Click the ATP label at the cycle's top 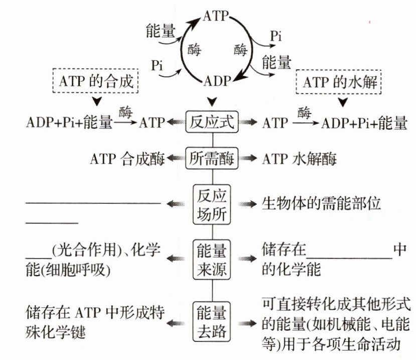[x=216, y=15]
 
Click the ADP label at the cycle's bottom [x=217, y=81]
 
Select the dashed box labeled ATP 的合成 [x=95, y=81]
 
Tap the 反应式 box [x=212, y=122]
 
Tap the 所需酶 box [x=212, y=159]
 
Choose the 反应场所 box [x=212, y=204]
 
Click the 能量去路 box [x=212, y=320]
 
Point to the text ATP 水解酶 [x=299, y=159]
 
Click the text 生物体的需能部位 [x=322, y=204]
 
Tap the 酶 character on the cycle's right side [x=240, y=50]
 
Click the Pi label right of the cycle [x=275, y=36]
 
